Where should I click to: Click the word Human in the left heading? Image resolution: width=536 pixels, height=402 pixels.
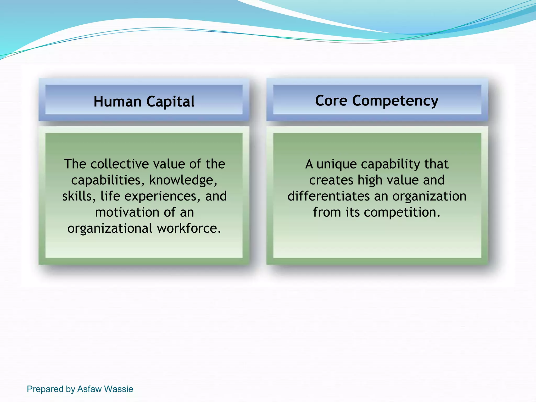117,102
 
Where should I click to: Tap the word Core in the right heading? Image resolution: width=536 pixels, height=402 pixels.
331,101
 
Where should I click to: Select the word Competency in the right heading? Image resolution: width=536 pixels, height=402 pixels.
395,101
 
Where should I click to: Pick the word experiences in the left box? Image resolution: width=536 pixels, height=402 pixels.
162,197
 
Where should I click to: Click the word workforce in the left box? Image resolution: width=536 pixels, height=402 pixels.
189,228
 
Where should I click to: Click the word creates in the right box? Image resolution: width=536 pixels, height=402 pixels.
331,180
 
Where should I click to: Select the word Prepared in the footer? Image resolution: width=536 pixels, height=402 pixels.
45,389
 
